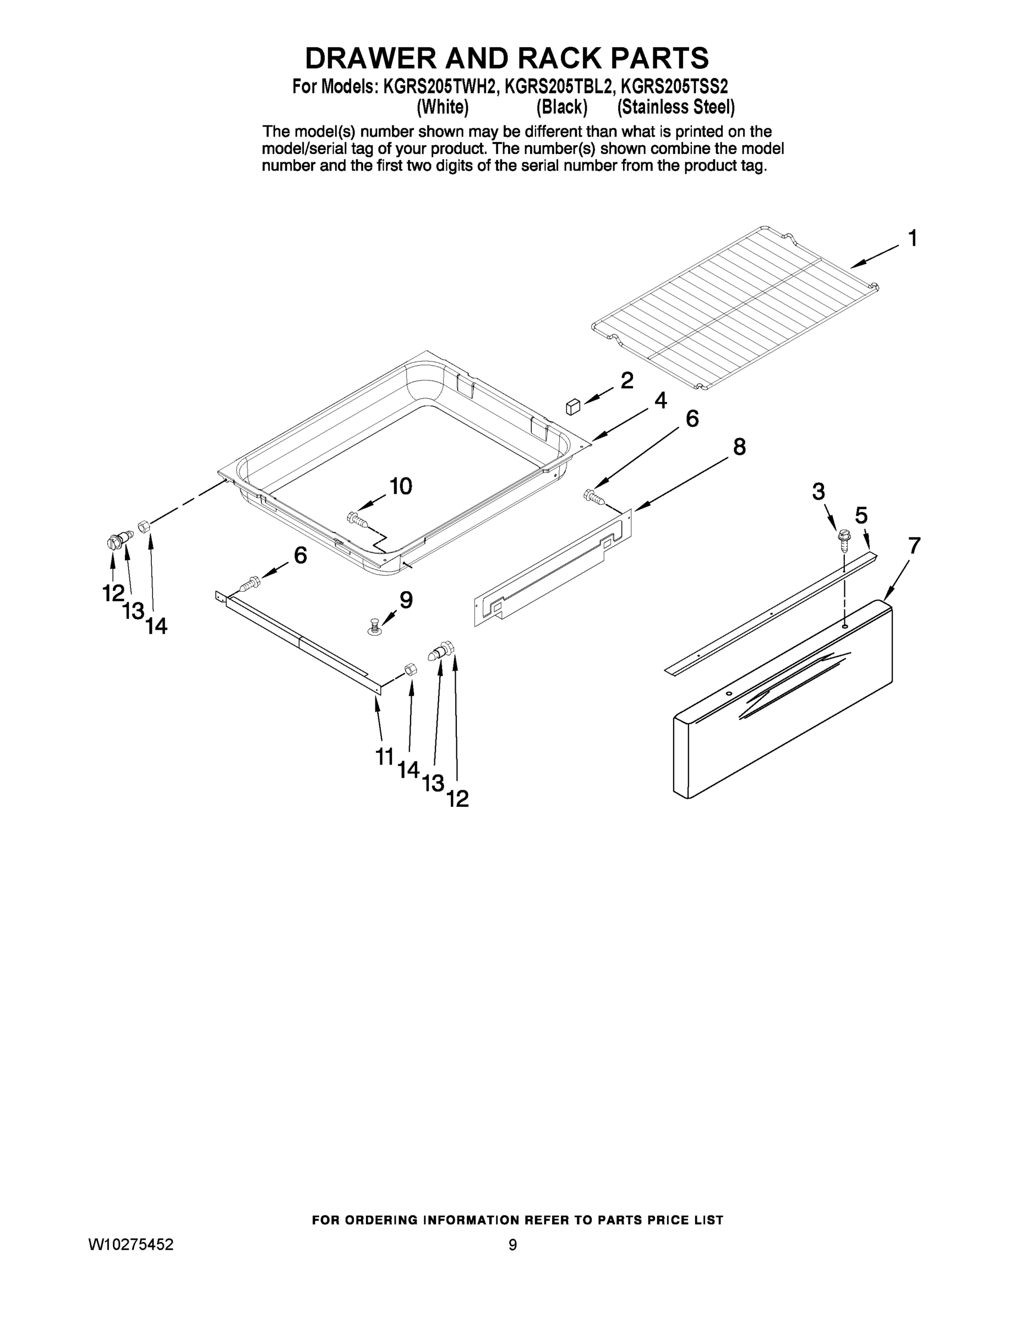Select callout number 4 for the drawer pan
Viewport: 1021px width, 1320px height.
(x=660, y=400)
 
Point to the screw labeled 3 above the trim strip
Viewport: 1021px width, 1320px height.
(x=844, y=537)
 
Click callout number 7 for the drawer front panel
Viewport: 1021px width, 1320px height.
(x=914, y=546)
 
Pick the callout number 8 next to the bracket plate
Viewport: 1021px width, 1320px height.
(x=739, y=447)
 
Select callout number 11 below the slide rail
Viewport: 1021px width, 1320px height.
(x=385, y=756)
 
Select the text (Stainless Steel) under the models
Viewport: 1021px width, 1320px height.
(x=676, y=108)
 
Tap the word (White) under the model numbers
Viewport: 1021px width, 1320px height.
(x=443, y=108)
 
